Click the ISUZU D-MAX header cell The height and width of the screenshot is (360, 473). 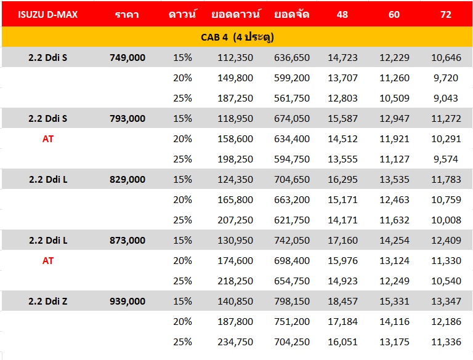48,15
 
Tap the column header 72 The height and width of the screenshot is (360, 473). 446,15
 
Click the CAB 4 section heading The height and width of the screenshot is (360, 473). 237,37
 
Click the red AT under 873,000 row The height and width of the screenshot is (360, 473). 48,260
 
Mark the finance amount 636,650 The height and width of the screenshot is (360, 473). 292,57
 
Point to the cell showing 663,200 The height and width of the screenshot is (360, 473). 292,199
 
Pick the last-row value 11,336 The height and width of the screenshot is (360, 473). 446,342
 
